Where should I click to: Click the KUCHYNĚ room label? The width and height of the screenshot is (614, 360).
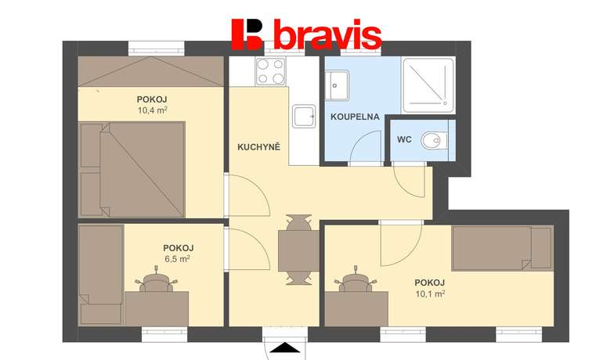coord(258,147)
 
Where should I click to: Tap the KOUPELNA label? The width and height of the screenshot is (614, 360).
coord(355,117)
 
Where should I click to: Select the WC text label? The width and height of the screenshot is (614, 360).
coord(404,139)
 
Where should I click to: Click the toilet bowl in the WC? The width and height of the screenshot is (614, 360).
coord(434,141)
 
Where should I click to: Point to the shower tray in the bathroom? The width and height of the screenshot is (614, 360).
coord(428,85)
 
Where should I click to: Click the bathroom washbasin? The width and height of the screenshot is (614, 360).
coord(337,85)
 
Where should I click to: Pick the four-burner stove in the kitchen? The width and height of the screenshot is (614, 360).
coord(270,70)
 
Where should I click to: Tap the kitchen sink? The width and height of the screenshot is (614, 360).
coord(304,116)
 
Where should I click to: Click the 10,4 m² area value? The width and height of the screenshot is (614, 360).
coord(152,110)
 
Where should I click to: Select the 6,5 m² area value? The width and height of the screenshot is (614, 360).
coord(177,258)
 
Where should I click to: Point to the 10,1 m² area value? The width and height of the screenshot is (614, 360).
coord(430,293)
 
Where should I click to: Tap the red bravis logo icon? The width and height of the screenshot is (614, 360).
coord(247,34)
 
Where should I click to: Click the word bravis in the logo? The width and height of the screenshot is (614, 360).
coord(327,34)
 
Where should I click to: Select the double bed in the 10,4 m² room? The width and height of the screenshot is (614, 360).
coord(132,169)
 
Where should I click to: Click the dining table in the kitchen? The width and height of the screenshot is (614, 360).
coord(298,250)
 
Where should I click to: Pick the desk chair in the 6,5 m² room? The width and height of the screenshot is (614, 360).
coord(157,279)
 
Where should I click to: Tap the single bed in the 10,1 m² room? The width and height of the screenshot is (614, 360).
coord(503,248)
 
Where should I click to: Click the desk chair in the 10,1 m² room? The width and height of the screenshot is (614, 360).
coord(356,279)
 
